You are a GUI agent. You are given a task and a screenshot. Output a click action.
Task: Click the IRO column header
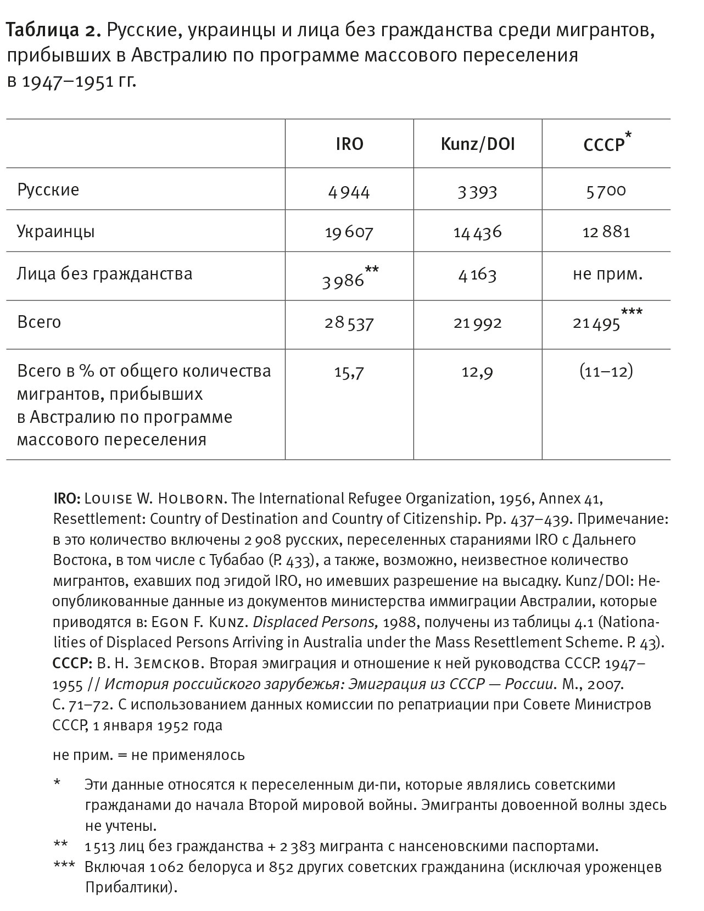(x=349, y=144)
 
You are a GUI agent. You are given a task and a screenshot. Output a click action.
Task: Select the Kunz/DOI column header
(x=478, y=144)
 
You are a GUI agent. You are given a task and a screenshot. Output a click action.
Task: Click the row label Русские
(x=48, y=190)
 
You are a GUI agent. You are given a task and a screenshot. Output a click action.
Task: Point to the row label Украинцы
(x=55, y=231)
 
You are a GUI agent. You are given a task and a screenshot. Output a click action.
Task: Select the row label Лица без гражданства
(x=104, y=273)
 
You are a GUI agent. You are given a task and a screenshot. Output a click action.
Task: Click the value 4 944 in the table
(x=349, y=192)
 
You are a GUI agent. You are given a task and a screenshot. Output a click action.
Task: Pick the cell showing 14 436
(x=477, y=232)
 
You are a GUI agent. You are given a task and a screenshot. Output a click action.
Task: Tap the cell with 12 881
(x=606, y=232)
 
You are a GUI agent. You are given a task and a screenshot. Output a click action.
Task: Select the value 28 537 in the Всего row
(x=349, y=323)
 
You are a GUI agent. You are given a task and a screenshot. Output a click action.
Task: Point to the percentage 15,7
(x=349, y=372)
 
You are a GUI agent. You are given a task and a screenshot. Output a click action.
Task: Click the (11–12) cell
(x=606, y=372)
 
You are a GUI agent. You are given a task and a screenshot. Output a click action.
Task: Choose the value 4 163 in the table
(x=477, y=274)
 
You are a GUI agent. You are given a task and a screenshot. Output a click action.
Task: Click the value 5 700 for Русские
(x=606, y=191)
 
